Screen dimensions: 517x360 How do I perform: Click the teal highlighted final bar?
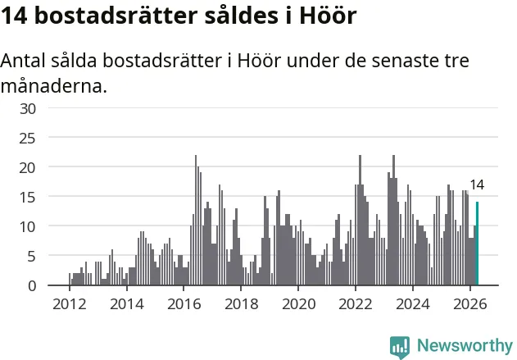click(x=477, y=244)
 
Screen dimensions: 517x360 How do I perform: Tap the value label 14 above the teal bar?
click(x=477, y=185)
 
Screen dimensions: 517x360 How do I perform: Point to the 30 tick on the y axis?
click(x=28, y=108)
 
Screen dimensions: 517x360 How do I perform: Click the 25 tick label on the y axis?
click(x=28, y=139)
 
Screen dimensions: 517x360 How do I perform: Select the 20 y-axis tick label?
click(x=28, y=168)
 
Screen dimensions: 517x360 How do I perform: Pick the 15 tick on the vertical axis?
click(x=28, y=198)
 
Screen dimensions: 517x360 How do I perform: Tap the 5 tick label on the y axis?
click(x=32, y=257)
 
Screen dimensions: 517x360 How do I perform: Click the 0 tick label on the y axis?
click(x=32, y=286)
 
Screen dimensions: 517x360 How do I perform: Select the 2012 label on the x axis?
click(x=70, y=304)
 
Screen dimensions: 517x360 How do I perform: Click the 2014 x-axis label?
click(x=127, y=304)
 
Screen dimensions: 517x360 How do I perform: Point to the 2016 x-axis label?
click(x=184, y=304)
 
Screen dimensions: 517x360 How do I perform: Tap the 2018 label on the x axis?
click(x=242, y=304)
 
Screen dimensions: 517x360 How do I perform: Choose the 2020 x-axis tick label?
click(x=299, y=304)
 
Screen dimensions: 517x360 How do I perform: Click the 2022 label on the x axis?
click(x=356, y=304)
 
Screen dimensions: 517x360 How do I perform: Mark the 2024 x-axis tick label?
click(x=413, y=304)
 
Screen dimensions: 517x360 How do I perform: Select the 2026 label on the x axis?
click(x=470, y=304)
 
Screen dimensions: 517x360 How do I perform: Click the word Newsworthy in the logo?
click(x=465, y=346)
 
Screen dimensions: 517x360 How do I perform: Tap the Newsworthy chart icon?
click(x=400, y=347)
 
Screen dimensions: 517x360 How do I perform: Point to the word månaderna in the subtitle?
click(x=54, y=86)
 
